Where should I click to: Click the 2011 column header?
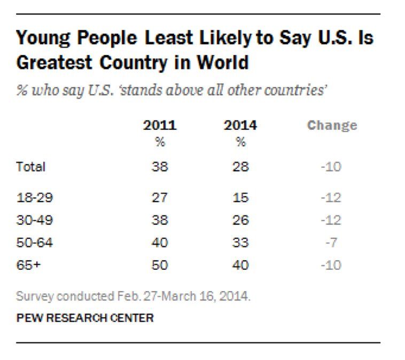[159, 126]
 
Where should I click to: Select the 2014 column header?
[240, 126]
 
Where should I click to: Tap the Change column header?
[332, 126]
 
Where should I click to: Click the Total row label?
[31, 167]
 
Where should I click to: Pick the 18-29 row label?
[35, 198]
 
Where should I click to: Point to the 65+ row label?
[29, 265]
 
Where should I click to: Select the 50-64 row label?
[35, 242]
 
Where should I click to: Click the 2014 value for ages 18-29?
[240, 198]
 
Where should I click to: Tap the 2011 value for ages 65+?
[159, 265]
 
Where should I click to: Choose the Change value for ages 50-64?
[332, 242]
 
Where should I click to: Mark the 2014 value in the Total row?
[240, 167]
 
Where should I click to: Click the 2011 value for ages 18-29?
[159, 198]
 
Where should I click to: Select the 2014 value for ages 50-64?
[240, 242]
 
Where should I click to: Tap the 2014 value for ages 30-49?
[240, 220]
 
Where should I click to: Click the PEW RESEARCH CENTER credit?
[85, 318]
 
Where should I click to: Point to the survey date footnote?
[133, 296]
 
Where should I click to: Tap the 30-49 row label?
[35, 220]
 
